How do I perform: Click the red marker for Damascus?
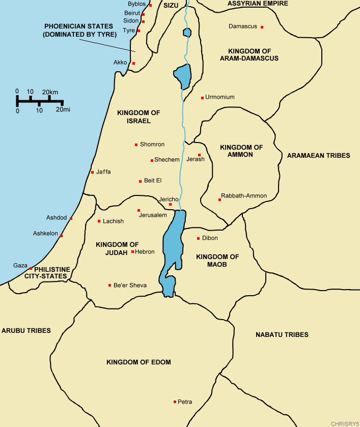click(262, 27)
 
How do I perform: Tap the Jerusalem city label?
click(153, 215)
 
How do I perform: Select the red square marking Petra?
click(175, 402)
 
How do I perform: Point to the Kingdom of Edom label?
click(139, 362)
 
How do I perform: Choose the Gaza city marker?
click(31, 268)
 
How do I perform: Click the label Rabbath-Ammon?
click(243, 196)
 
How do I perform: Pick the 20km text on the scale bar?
click(50, 92)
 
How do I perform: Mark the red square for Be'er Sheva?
click(110, 285)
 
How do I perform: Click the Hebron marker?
click(133, 251)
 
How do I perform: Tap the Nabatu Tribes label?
click(282, 334)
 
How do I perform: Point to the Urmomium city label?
click(220, 97)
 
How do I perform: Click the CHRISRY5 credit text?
click(344, 423)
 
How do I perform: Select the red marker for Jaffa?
click(92, 172)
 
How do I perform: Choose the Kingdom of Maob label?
click(217, 261)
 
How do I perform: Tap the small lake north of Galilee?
click(187, 33)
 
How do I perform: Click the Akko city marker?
click(133, 63)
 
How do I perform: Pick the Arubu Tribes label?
click(26, 330)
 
